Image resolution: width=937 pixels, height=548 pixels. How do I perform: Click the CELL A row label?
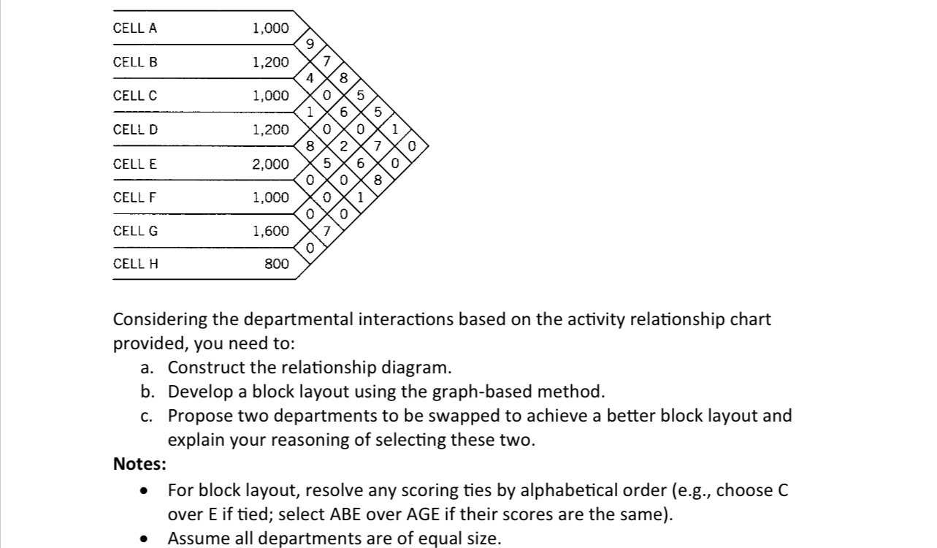click(x=135, y=28)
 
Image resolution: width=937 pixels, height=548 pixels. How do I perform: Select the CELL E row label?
click(x=135, y=164)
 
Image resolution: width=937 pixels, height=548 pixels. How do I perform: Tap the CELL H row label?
click(x=136, y=264)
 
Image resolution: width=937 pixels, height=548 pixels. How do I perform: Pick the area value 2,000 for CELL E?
click(x=270, y=164)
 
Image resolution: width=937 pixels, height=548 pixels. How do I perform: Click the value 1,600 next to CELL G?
click(x=270, y=231)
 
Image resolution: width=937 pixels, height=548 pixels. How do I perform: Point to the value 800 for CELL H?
click(x=276, y=264)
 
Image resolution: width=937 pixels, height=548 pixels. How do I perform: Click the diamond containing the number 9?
click(x=310, y=45)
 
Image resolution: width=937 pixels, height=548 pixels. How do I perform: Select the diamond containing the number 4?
click(x=310, y=78)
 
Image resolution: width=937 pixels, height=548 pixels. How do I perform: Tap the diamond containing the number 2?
click(x=343, y=145)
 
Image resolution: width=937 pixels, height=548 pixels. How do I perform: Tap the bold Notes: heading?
click(x=139, y=464)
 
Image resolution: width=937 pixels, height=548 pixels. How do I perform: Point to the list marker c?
click(x=147, y=416)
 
